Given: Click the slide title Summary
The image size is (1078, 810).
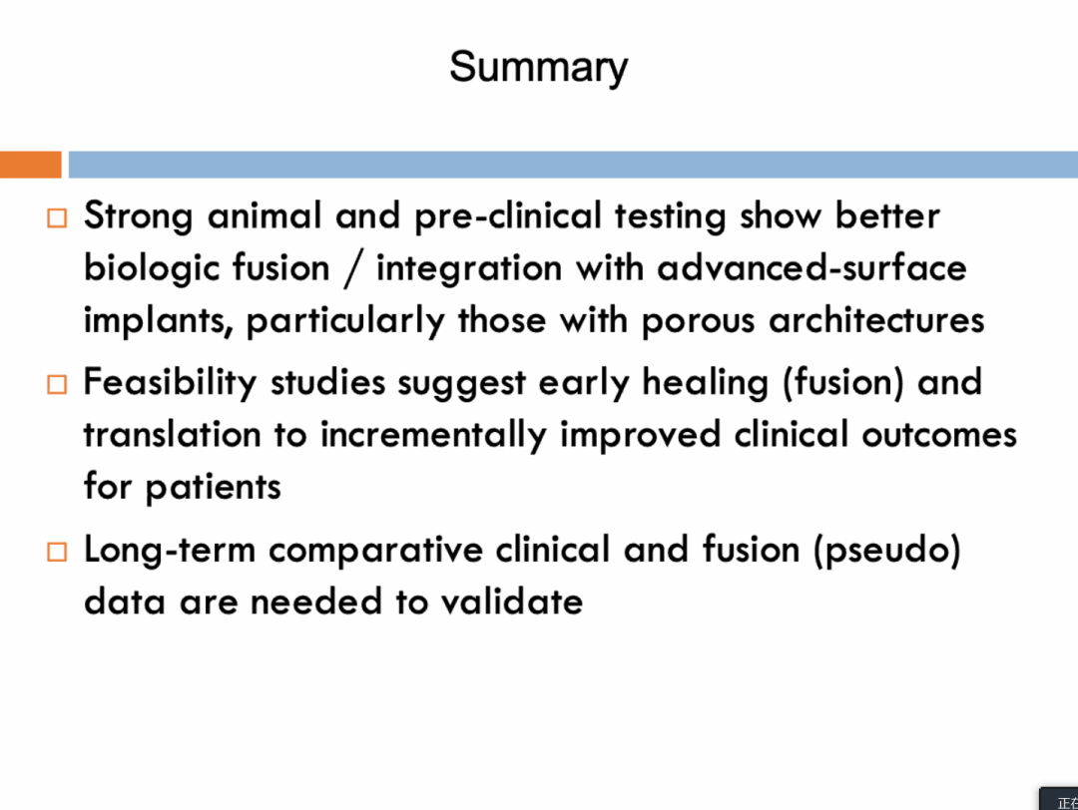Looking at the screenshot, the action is tap(538, 67).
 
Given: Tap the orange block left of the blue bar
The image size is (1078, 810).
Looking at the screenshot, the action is tap(30, 165).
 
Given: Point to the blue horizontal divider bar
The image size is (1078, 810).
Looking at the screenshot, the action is tap(573, 165).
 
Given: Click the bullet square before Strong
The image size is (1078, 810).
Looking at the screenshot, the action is tap(57, 217).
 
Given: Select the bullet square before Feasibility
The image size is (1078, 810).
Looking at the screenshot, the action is tap(57, 384).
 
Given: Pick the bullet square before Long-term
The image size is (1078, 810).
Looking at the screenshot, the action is tap(57, 552).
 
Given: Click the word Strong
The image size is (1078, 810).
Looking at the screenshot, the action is tap(138, 217).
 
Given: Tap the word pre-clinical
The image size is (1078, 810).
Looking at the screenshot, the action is tap(508, 216).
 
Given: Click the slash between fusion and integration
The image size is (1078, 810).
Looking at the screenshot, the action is tap(353, 269).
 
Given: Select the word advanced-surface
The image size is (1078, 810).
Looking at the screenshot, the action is tap(811, 268).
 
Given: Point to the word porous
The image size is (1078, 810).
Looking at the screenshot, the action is tap(698, 321).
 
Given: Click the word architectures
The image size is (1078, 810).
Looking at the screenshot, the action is tap(876, 320).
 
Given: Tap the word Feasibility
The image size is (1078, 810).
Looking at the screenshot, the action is tap(170, 383).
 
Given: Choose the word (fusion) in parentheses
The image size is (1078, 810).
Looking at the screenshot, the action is tap(842, 383).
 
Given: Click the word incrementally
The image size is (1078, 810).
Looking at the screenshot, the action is tap(433, 436).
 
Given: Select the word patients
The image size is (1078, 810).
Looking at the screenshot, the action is tap(214, 488).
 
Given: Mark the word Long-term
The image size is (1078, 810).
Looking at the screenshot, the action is tap(170, 551).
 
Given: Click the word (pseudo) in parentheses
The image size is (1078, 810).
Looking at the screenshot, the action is tap(887, 551).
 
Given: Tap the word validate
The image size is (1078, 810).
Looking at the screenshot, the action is tap(512, 602).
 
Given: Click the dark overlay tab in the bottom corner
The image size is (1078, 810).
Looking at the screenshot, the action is tap(1059, 799).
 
